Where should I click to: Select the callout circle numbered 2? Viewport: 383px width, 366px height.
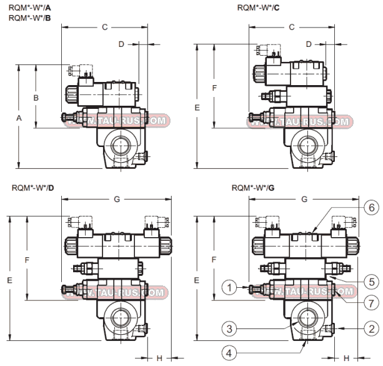(371, 327)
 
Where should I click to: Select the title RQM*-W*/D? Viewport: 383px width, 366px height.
(32, 187)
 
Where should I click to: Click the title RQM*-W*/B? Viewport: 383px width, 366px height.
(30, 18)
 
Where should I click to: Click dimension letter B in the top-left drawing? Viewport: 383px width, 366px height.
(36, 98)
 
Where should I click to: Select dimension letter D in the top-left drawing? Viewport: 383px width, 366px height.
(122, 44)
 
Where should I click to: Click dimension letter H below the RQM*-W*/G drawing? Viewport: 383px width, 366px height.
(346, 357)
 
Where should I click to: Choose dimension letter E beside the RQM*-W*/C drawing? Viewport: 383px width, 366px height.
(197, 108)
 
